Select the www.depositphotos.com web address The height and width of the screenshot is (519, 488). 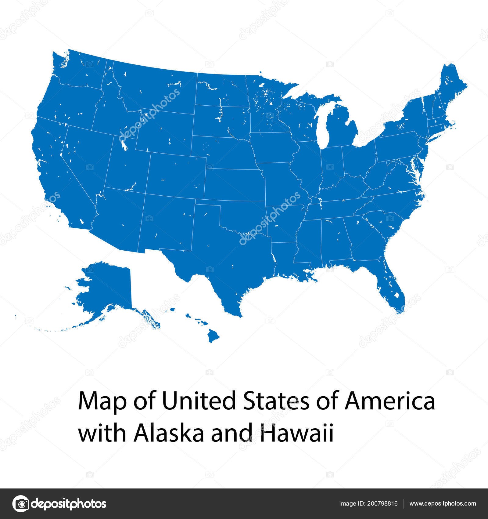click(443, 503)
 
